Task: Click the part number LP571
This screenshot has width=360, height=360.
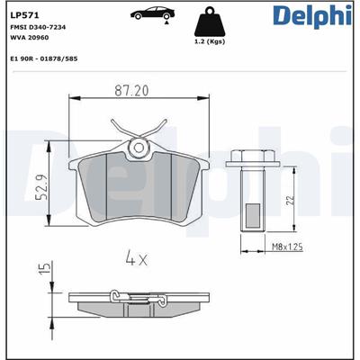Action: point(24,15)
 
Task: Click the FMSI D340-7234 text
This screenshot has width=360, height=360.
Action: point(38,27)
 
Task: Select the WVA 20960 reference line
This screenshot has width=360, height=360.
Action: point(30,38)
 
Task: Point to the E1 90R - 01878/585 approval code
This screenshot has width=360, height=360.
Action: point(44,58)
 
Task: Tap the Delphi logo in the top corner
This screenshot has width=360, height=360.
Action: point(312,16)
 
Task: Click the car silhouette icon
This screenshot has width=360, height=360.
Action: point(152,13)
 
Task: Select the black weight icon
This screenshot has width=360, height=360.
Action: point(210,22)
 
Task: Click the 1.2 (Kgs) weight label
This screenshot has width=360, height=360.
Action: point(210,42)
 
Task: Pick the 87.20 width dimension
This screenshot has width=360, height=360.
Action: point(131,91)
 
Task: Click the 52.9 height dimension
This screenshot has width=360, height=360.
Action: point(41,187)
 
